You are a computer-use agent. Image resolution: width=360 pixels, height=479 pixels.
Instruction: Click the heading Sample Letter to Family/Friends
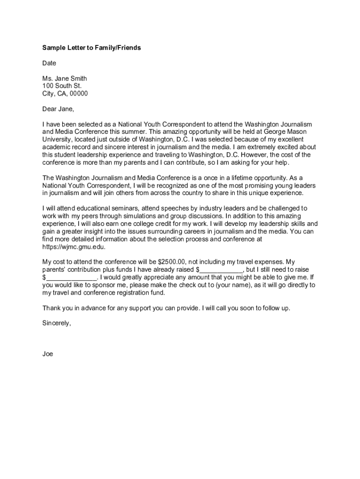coord(92,48)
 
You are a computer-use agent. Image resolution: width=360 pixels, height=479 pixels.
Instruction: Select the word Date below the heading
coord(49,63)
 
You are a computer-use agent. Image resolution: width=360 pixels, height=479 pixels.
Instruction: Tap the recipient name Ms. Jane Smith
coord(65,79)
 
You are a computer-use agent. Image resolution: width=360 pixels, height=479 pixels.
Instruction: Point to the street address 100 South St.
coord(62,86)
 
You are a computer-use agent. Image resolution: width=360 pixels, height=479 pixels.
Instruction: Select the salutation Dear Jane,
coord(58,109)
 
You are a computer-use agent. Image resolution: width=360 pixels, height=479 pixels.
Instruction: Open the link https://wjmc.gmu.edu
coord(73,247)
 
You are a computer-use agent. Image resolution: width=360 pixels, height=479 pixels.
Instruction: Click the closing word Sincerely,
coord(57,323)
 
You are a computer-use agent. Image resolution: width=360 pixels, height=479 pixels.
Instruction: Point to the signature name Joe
coord(48,354)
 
